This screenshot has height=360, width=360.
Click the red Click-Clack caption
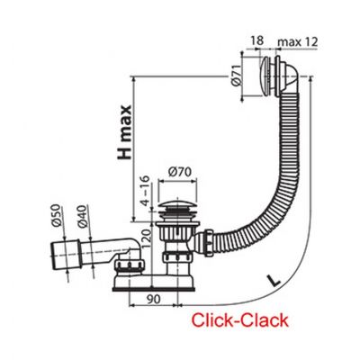[x=240, y=320]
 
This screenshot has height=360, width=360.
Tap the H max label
[x=124, y=132]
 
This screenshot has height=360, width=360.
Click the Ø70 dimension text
[x=180, y=172]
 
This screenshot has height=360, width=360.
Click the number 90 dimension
[x=153, y=299]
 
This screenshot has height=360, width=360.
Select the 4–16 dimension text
[x=145, y=191]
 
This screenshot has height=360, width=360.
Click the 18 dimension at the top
[x=256, y=41]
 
